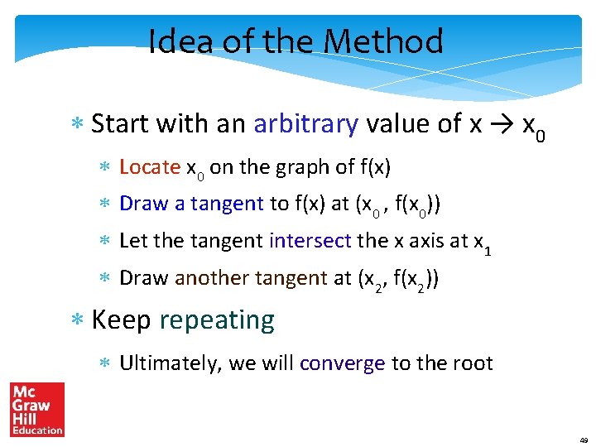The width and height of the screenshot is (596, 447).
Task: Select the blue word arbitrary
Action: [305, 124]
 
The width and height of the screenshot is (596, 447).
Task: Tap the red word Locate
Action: [150, 167]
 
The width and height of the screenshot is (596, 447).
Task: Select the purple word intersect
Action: [310, 241]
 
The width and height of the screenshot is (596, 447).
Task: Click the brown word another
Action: [209, 278]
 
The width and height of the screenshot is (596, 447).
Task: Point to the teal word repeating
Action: [217, 320]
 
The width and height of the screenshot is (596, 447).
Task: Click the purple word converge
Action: [343, 363]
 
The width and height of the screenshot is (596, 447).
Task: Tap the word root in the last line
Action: [473, 363]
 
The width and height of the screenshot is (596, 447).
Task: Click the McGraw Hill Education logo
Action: [36, 409]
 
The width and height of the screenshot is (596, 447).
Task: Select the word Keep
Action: [121, 320]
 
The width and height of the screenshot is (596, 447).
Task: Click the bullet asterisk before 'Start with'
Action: [79, 125]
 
